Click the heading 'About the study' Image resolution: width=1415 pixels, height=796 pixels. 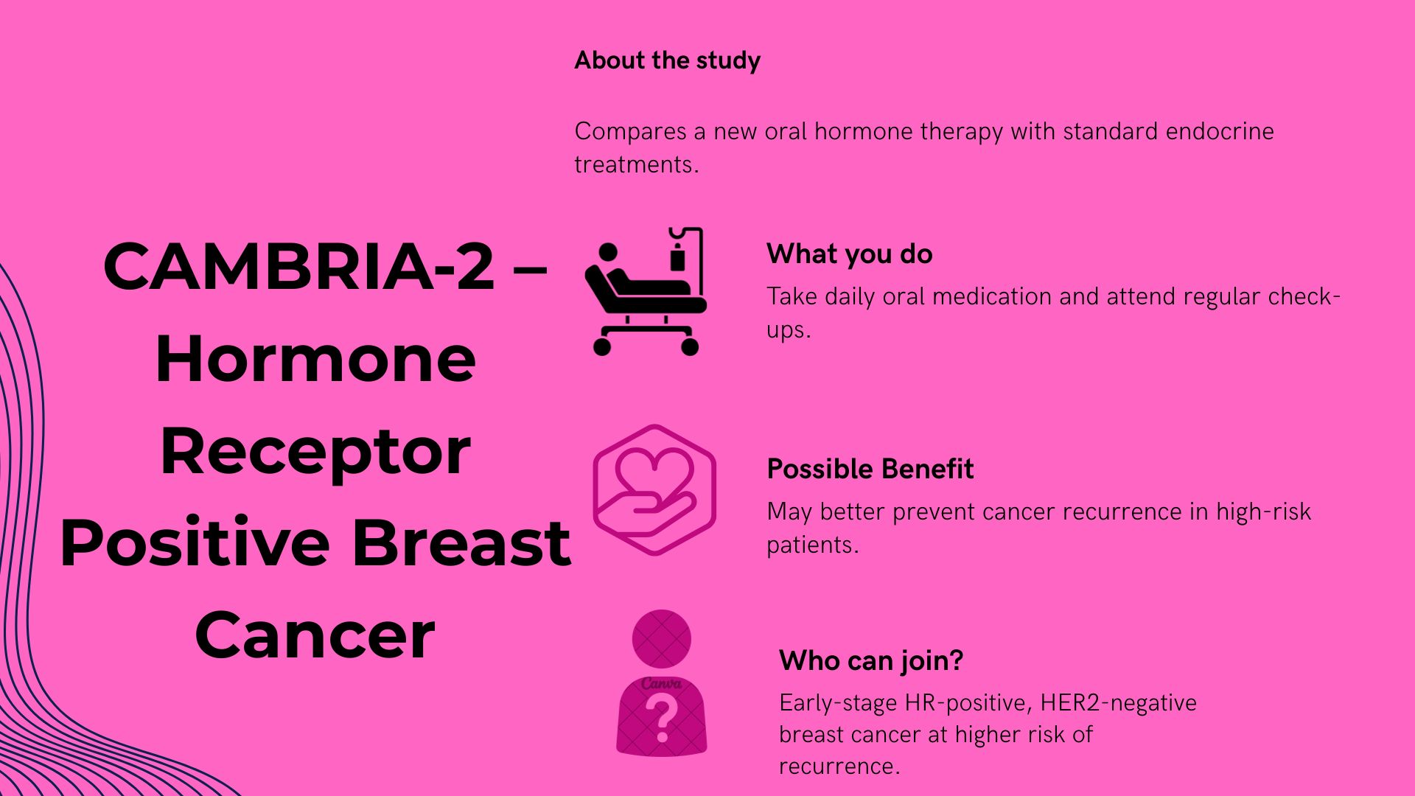667,60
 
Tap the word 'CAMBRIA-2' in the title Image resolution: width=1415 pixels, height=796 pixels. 298,267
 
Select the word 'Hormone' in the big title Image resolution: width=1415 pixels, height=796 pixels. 315,360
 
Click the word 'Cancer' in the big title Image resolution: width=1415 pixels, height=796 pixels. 315,635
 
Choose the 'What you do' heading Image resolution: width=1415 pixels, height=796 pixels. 849,254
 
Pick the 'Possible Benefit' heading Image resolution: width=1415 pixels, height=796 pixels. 870,469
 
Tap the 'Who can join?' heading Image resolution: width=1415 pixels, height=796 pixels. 871,661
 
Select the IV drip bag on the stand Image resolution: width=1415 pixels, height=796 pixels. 677,259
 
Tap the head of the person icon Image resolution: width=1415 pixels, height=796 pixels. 662,638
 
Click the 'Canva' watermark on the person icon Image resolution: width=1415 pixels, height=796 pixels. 661,684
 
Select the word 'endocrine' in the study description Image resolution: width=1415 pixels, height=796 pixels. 1220,132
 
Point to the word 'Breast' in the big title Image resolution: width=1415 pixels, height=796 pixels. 461,543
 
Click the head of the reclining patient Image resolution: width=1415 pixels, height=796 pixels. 608,253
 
